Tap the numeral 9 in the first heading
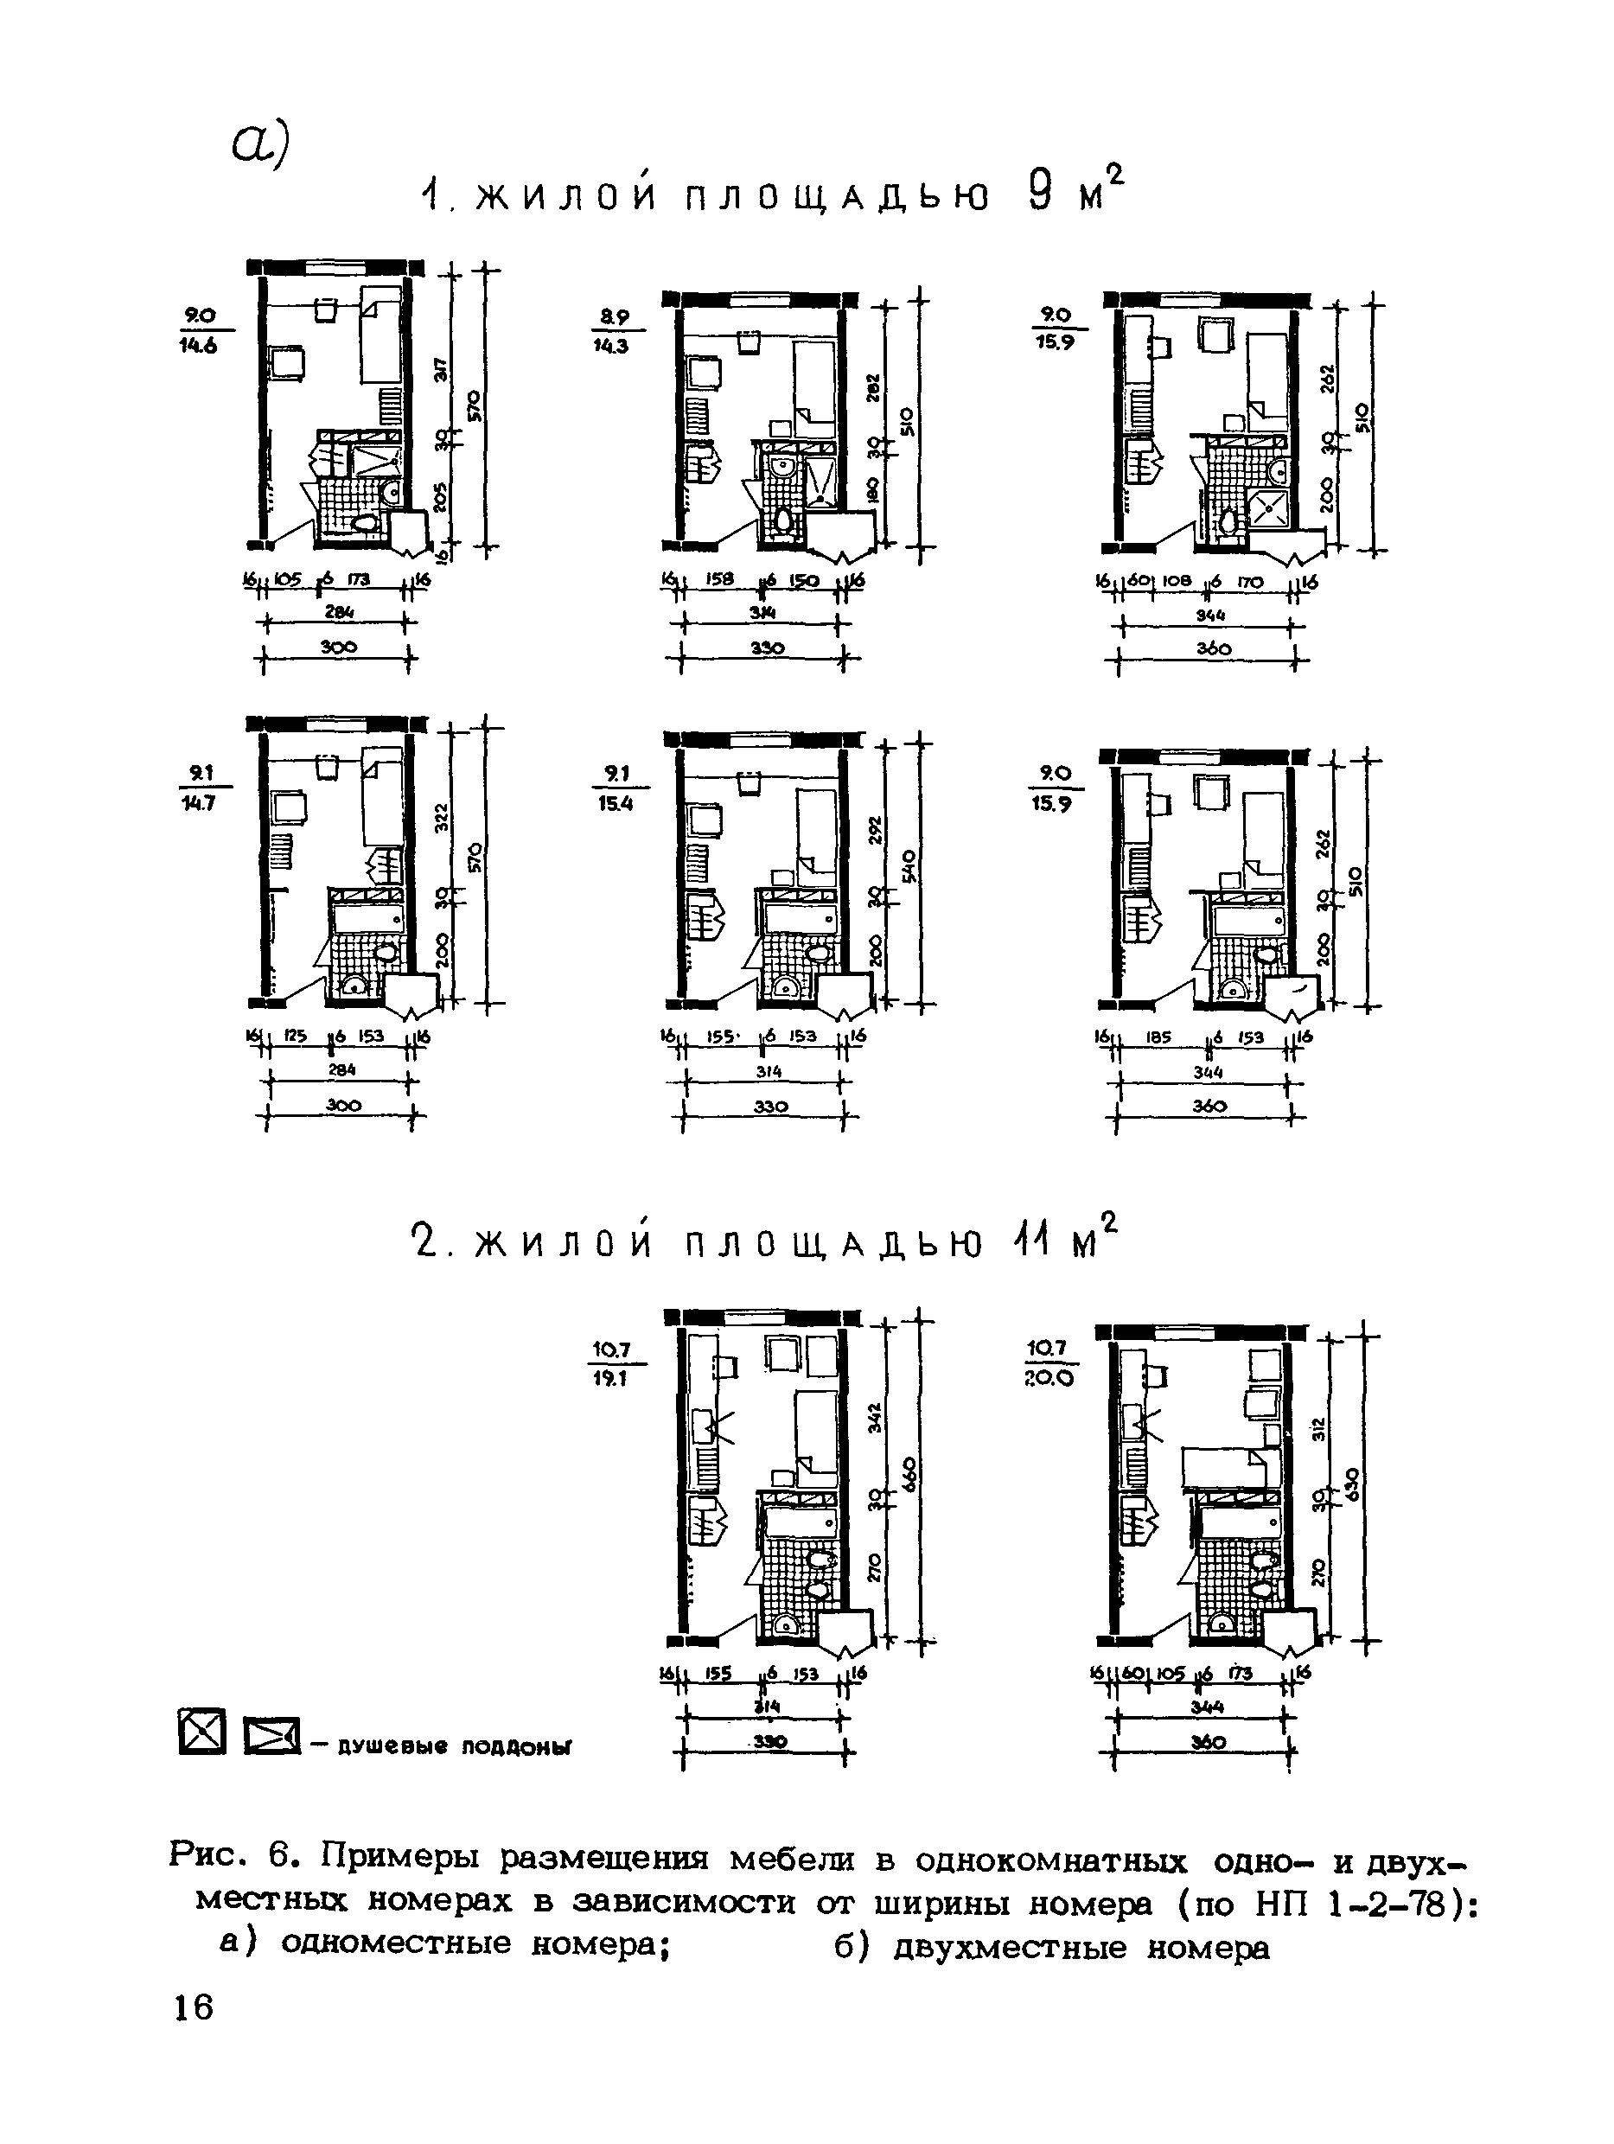click(x=1038, y=192)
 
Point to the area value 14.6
click(x=199, y=345)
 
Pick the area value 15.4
click(x=616, y=803)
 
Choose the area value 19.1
click(x=612, y=1378)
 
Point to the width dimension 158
click(x=719, y=579)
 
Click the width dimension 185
click(x=1158, y=1037)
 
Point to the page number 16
click(x=194, y=2007)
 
